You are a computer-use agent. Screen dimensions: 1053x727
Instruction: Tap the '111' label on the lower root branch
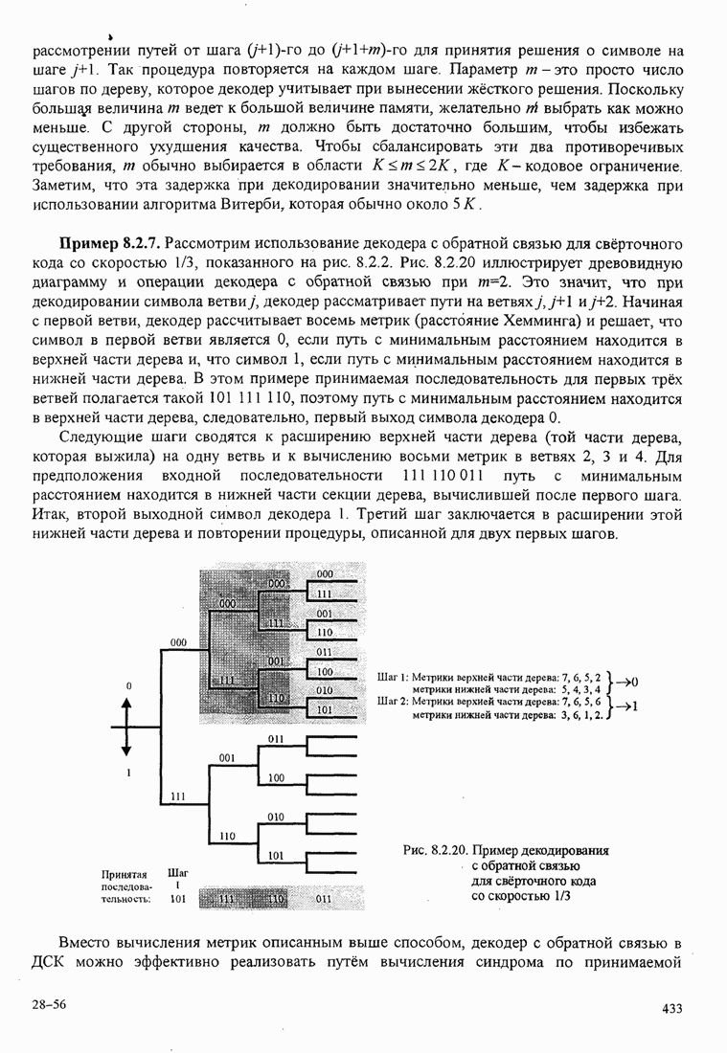177,795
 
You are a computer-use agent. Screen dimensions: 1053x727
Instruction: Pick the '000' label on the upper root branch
177,641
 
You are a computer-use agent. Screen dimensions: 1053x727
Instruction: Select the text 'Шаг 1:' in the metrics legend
395,676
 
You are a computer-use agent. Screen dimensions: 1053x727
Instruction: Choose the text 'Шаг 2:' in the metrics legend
395,701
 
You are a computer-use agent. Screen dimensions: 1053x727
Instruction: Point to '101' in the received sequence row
177,900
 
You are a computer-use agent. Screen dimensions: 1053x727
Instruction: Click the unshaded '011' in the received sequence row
324,900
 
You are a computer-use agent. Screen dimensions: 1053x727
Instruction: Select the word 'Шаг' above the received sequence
177,873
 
